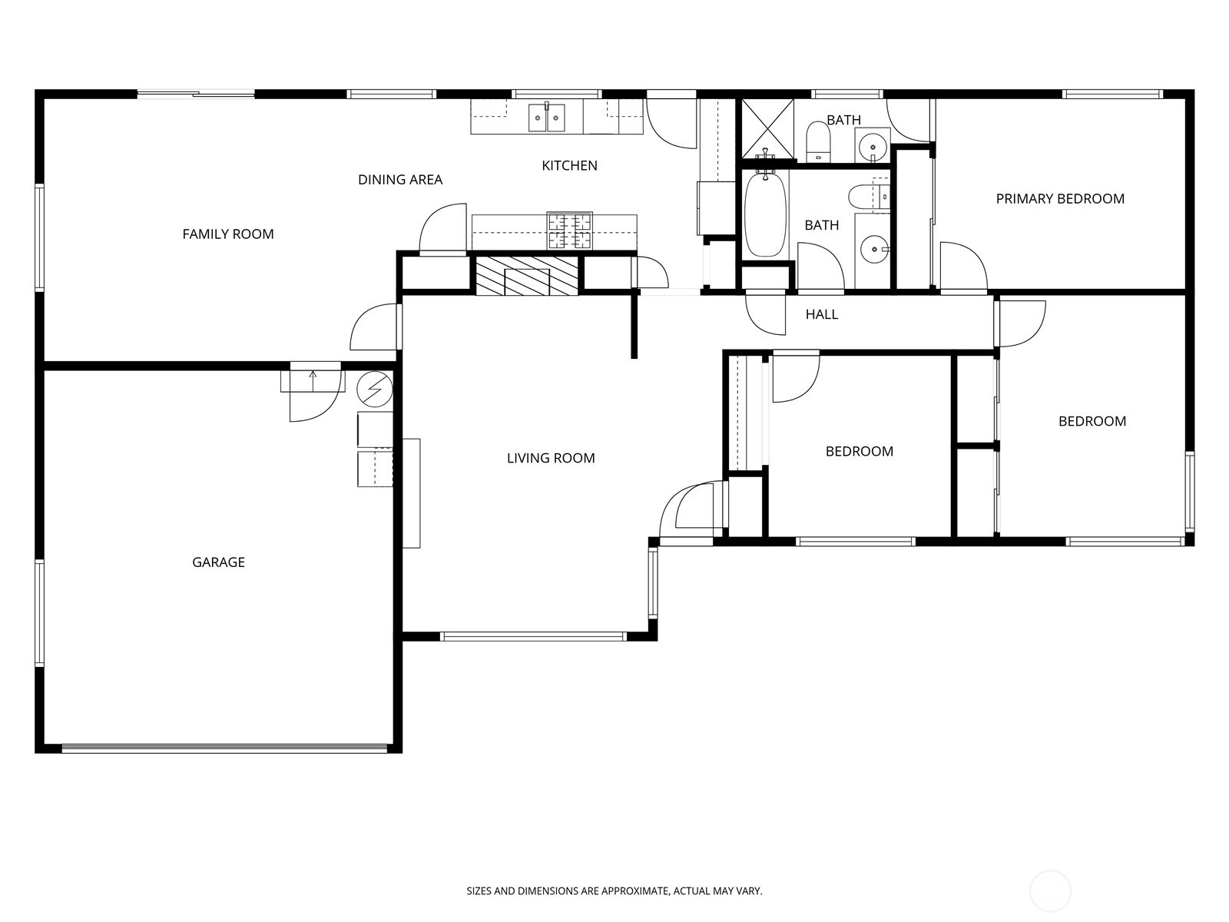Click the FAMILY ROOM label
tap(228, 234)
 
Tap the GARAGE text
tap(218, 562)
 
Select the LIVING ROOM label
tap(551, 459)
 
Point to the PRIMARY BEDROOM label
tap(1060, 199)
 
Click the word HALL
tap(821, 314)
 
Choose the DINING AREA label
tap(400, 180)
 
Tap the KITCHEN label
tap(569, 166)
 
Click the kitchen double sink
tap(547, 118)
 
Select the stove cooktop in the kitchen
tap(569, 230)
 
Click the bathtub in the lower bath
tap(766, 213)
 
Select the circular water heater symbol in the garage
tap(375, 390)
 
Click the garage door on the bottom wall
tap(224, 748)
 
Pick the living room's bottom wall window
tap(533, 636)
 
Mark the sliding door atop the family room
tap(196, 95)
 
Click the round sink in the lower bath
tap(873, 249)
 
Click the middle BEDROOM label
tap(859, 452)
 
